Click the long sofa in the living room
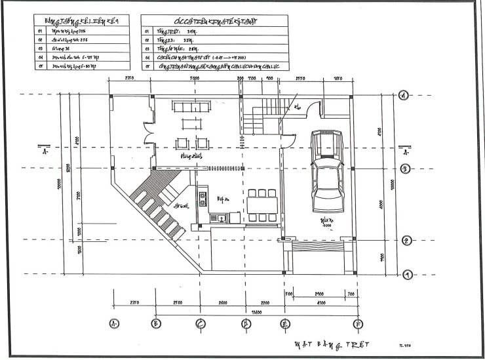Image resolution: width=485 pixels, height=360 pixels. click(x=190, y=106)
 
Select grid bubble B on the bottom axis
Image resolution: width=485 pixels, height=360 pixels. click(x=156, y=323)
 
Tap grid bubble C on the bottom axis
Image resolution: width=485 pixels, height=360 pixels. click(x=201, y=323)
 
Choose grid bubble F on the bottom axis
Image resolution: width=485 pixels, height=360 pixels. click(x=357, y=323)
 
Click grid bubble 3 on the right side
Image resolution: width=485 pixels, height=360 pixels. click(x=406, y=169)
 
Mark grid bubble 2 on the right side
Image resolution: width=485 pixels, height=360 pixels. click(x=406, y=241)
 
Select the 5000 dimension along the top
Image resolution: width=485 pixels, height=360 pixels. click(x=195, y=78)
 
